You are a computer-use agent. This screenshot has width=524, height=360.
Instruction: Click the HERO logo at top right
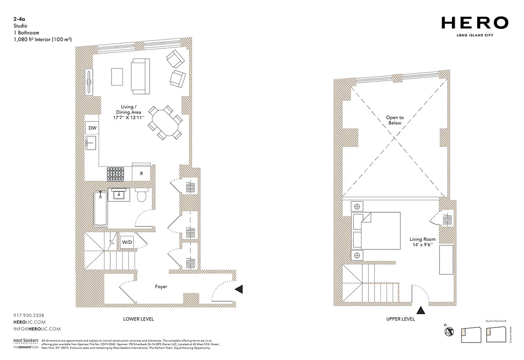tap(475, 22)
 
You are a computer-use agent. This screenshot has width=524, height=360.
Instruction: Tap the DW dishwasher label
tap(92, 128)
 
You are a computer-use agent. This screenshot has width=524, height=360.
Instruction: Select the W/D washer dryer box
tap(127, 243)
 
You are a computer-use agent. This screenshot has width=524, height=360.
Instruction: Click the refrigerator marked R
tap(141, 173)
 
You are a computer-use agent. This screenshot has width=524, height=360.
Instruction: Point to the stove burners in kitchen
tap(115, 173)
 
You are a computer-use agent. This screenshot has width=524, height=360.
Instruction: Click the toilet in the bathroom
tap(141, 196)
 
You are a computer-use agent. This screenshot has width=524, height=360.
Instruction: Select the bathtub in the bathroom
tap(100, 209)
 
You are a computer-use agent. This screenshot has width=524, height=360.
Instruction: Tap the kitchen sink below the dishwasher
tap(92, 144)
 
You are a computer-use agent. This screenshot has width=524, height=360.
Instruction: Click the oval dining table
tap(164, 122)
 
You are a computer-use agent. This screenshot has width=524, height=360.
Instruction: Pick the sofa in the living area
tap(140, 76)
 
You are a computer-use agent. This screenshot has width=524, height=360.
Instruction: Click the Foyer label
tap(161, 287)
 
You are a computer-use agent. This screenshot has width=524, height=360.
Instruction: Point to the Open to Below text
tap(394, 120)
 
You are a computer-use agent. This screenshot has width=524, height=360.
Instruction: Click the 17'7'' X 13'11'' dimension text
tap(128, 118)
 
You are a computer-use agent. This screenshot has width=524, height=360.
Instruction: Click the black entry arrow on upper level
tap(421, 310)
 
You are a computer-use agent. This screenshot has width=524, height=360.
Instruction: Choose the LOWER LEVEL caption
tap(138, 319)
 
